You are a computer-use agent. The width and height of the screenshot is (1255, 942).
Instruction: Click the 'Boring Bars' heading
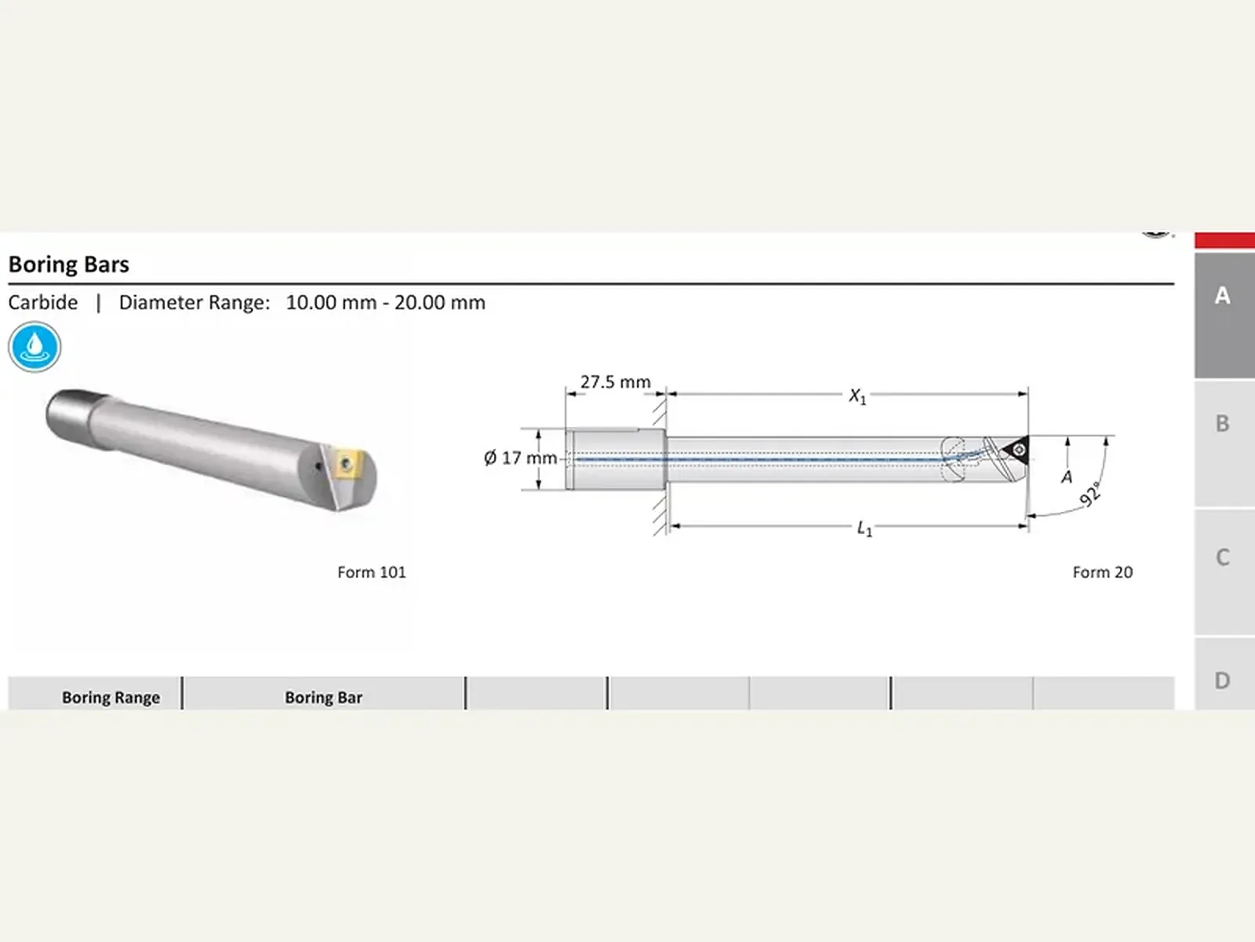(68, 265)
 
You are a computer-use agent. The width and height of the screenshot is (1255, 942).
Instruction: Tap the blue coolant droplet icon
(35, 347)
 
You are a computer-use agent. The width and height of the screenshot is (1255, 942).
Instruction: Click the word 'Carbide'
(43, 302)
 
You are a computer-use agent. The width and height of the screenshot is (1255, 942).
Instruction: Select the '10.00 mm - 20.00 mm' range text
(385, 302)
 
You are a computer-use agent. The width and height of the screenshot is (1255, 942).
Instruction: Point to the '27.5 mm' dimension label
(615, 382)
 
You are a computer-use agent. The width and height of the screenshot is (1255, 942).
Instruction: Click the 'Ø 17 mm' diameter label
(520, 458)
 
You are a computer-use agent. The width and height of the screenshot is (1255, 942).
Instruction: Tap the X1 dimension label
(857, 396)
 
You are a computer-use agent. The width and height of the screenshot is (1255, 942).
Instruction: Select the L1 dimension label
(864, 528)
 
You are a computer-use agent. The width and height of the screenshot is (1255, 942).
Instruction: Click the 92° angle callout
(1090, 495)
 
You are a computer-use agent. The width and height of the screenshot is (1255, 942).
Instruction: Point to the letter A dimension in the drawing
(1066, 476)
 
